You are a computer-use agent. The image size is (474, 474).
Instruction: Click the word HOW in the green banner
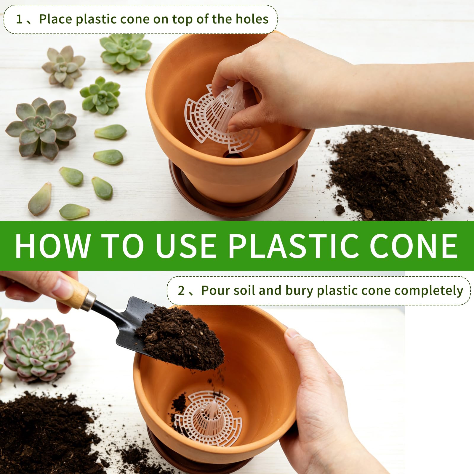click(52, 246)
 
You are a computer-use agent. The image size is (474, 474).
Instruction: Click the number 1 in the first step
click(19, 19)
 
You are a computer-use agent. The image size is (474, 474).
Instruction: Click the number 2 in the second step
click(181, 291)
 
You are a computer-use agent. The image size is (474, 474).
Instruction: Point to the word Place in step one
click(55, 19)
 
